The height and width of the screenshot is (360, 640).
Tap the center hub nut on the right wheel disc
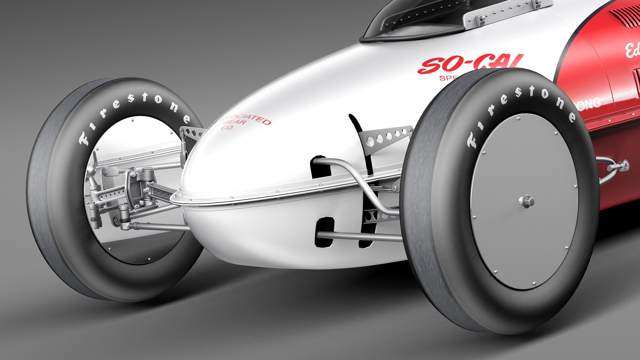(526, 201)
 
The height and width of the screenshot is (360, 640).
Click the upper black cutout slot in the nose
(319, 167)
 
